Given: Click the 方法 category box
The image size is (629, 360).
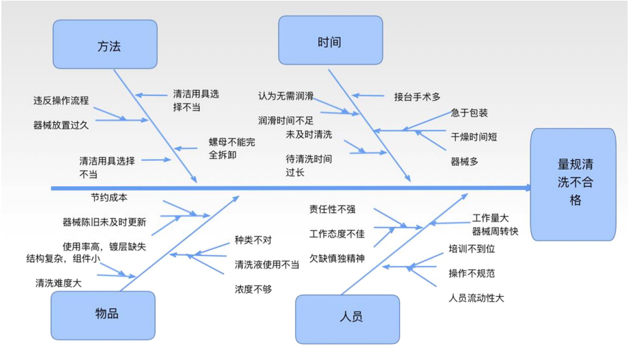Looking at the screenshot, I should pyautogui.click(x=105, y=44).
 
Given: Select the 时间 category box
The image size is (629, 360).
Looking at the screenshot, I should pyautogui.click(x=330, y=41).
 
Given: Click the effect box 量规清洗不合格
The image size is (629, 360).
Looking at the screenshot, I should pyautogui.click(x=573, y=182).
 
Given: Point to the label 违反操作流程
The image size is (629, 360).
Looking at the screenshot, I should pyautogui.click(x=61, y=101).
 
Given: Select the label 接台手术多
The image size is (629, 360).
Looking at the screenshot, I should pyautogui.click(x=417, y=97).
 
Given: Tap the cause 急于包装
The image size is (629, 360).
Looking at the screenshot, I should pyautogui.click(x=469, y=113).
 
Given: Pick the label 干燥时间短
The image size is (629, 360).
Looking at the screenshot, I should pyautogui.click(x=474, y=137).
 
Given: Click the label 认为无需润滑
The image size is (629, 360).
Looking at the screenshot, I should pyautogui.click(x=285, y=96).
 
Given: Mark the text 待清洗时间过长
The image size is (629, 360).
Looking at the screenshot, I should pyautogui.click(x=308, y=166).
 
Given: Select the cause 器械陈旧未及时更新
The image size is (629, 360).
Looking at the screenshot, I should pyautogui.click(x=104, y=222).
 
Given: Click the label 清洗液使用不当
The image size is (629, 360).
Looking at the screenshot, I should pyautogui.click(x=267, y=265).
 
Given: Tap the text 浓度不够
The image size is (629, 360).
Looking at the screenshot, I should pyautogui.click(x=253, y=289).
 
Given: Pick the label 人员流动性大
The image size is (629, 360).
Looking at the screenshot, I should pyautogui.click(x=476, y=298).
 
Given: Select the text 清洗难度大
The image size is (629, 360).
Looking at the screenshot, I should pyautogui.click(x=58, y=283).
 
